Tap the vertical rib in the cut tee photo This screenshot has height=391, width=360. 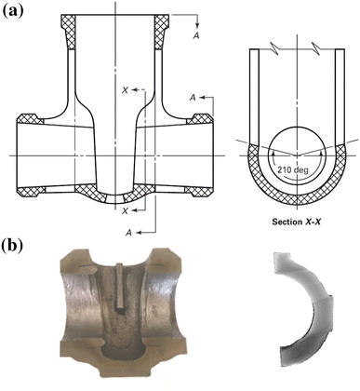pyautogui.click(x=123, y=282)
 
